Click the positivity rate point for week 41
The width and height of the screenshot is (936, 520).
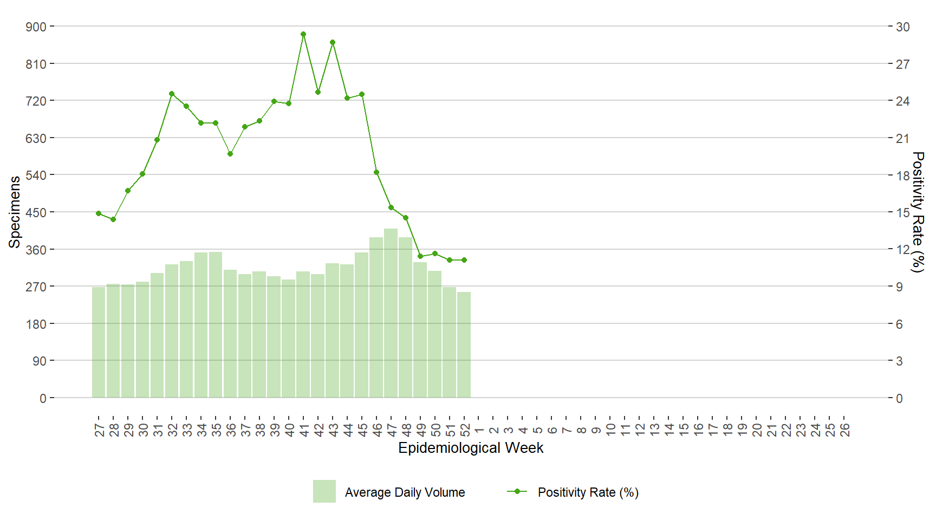tap(303, 34)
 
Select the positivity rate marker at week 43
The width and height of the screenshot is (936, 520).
tap(333, 42)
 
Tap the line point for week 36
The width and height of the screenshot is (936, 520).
tap(230, 154)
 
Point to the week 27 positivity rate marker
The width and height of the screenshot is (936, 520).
tap(99, 213)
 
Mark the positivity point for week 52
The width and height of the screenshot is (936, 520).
tap(464, 260)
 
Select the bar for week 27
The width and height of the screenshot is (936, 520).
tap(99, 342)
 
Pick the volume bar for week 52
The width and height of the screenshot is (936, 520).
tap(464, 345)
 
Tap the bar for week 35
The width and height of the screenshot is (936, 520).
tap(216, 325)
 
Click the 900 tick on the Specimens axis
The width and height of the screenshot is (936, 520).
tap(36, 27)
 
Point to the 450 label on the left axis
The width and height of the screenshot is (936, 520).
tap(36, 212)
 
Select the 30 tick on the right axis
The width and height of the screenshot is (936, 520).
tap(902, 27)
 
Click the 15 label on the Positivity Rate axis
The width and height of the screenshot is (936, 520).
tap(902, 212)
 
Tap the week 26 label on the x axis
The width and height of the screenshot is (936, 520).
tap(845, 430)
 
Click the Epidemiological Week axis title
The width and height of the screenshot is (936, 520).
tap(471, 448)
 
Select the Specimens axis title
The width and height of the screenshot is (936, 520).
tap(15, 212)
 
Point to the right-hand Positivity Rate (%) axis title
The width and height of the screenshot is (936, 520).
tap(918, 212)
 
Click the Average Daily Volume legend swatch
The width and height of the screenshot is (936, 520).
tap(324, 491)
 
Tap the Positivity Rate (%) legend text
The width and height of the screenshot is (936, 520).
tap(588, 492)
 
